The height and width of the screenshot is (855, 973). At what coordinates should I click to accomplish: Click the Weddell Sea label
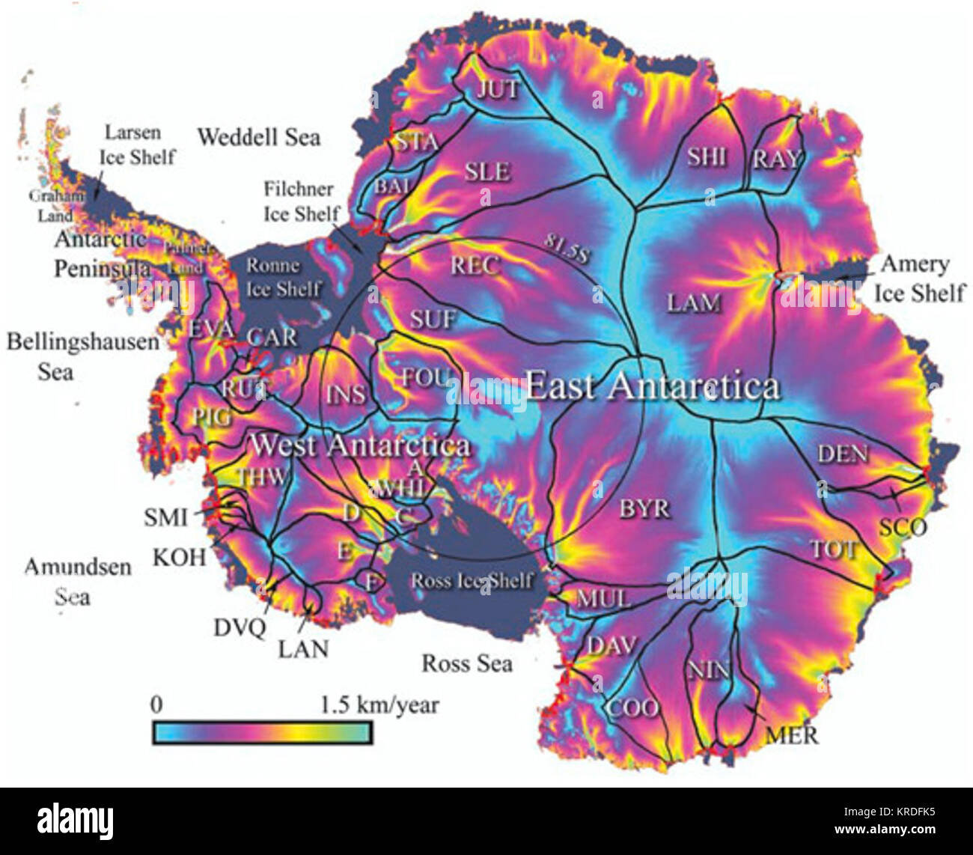point(259,137)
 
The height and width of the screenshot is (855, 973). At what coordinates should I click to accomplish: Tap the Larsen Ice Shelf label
point(138,144)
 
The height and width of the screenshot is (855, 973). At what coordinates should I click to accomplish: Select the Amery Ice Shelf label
point(918,277)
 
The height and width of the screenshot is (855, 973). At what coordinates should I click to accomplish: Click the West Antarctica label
point(360,445)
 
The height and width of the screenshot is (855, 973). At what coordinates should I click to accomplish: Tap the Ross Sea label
point(467,663)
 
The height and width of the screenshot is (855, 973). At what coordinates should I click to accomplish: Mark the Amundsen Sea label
point(77,581)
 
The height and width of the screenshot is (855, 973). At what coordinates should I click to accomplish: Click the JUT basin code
point(498,89)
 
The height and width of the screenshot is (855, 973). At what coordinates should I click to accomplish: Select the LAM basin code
point(694,303)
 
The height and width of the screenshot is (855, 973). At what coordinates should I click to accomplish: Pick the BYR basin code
point(644,509)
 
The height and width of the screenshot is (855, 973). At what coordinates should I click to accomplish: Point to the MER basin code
point(792,735)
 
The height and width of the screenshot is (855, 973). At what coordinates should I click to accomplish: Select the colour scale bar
point(262,731)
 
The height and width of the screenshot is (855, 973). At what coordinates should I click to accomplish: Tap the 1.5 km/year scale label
point(379,705)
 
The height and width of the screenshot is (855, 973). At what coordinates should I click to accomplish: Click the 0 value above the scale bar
point(156,705)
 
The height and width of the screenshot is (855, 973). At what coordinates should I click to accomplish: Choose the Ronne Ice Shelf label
point(284,277)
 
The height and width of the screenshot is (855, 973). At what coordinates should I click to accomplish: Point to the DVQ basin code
point(240,627)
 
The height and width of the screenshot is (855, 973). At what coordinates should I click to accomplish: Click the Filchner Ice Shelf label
point(302,201)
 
